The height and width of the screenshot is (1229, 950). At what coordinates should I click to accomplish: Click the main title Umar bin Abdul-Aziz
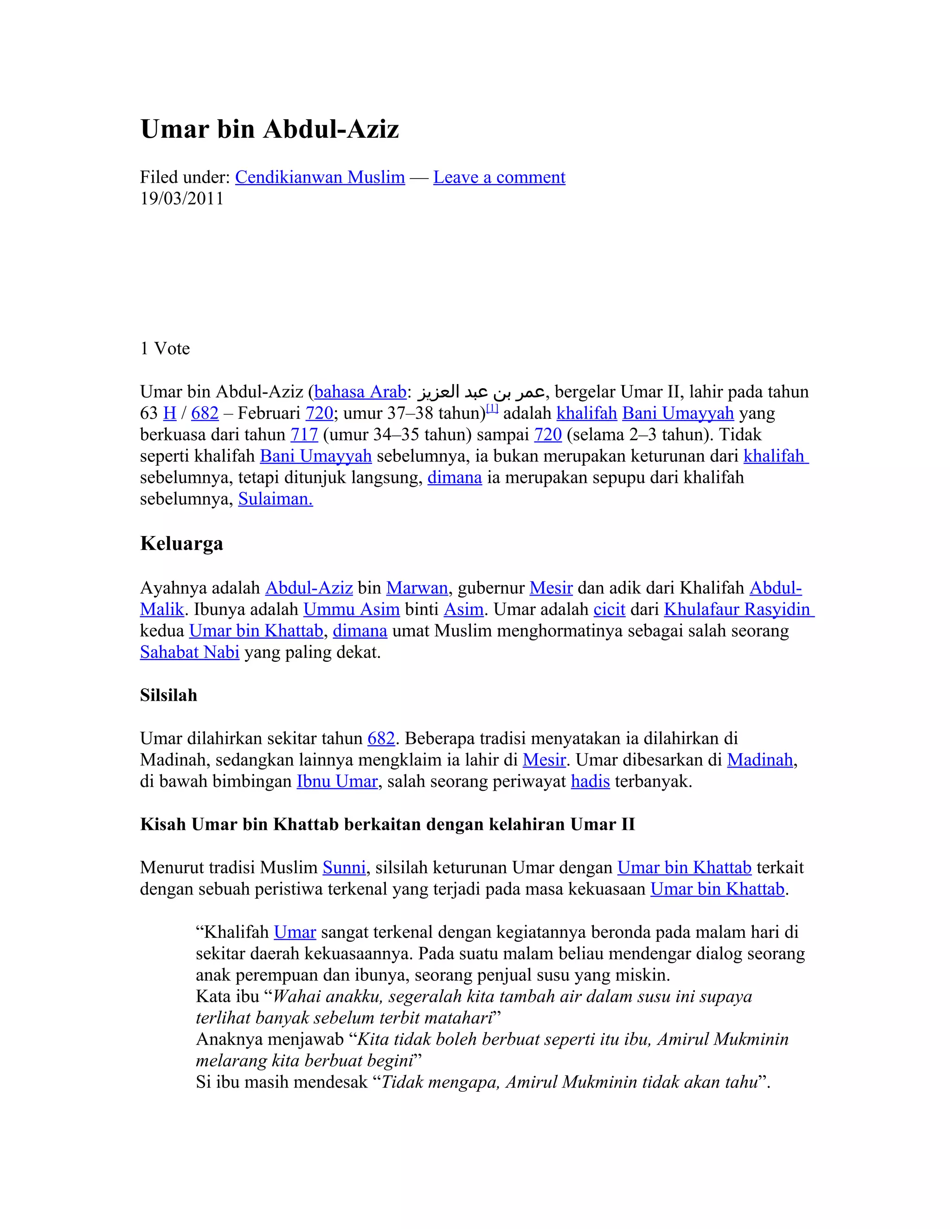click(270, 129)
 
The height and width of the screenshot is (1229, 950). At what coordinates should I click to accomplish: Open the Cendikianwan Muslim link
click(320, 177)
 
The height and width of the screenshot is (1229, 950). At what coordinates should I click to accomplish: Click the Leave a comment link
click(499, 177)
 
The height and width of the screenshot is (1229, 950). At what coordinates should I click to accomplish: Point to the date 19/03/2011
click(181, 198)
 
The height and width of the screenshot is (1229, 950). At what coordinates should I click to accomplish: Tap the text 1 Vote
click(165, 349)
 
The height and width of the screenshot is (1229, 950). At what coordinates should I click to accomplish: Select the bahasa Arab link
click(360, 392)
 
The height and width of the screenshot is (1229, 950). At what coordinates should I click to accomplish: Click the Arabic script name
click(481, 392)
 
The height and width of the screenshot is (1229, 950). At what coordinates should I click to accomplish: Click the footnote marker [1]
click(492, 409)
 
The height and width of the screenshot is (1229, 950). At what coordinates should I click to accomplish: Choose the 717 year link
click(304, 435)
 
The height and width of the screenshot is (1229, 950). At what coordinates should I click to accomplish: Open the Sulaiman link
click(275, 499)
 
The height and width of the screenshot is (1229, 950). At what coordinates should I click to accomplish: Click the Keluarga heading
click(181, 544)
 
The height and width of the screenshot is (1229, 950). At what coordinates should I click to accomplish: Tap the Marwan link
click(417, 589)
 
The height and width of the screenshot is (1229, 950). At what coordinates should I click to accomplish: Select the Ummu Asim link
click(351, 610)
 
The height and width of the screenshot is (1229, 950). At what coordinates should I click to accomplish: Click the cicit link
click(609, 610)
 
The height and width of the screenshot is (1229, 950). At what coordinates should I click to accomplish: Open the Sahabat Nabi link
click(190, 653)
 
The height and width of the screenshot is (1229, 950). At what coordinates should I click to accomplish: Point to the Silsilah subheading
click(168, 696)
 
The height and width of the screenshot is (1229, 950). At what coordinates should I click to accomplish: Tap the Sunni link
click(344, 868)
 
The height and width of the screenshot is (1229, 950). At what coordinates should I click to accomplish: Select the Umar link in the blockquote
click(295, 933)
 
